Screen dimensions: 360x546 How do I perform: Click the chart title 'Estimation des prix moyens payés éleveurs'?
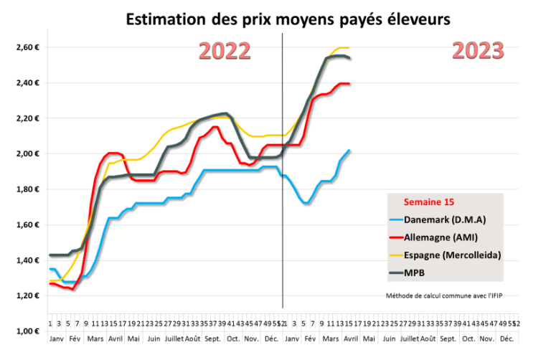(288, 19)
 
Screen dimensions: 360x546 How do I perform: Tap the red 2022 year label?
(224, 52)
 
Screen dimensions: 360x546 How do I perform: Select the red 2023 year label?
(479, 51)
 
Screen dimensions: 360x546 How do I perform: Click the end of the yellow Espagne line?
(349, 48)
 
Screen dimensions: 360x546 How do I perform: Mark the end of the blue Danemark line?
(349, 151)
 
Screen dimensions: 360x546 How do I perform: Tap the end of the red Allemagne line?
(349, 84)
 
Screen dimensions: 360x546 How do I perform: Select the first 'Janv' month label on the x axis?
(55, 337)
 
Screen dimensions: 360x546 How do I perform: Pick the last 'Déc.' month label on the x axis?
(506, 337)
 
